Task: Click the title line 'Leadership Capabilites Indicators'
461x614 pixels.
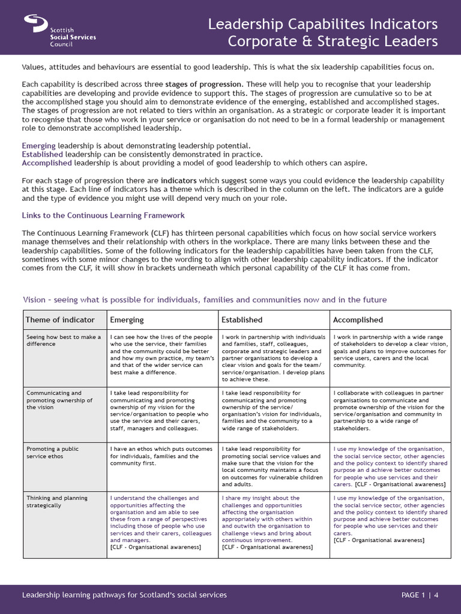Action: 322,25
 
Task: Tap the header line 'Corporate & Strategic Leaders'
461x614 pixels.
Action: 333,42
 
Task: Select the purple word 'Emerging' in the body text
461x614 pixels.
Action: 38,146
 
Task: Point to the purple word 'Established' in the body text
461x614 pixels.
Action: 42,154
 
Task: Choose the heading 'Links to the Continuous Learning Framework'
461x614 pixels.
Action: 103,215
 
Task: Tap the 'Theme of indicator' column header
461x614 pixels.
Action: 55,320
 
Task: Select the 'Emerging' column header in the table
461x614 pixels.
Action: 127,320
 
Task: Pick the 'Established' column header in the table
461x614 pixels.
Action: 242,320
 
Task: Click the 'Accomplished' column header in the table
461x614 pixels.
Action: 358,320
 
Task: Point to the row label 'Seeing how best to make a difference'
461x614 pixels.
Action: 64,341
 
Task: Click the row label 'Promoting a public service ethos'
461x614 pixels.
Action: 52,452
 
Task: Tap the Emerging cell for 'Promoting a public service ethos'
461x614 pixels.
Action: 161,456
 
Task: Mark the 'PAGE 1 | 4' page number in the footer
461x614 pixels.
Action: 420,595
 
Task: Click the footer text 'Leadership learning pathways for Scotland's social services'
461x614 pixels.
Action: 124,595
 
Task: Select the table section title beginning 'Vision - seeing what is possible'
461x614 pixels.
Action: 205,299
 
